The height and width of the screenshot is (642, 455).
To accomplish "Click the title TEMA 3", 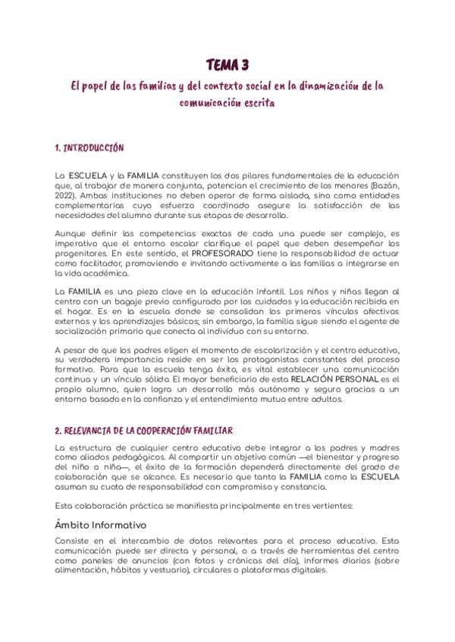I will [227, 65].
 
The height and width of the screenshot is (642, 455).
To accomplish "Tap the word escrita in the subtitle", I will [259, 100].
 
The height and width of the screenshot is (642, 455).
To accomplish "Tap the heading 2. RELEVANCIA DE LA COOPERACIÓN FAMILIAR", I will [144, 431].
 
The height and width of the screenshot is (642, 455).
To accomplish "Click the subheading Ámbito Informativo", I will [100, 525].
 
